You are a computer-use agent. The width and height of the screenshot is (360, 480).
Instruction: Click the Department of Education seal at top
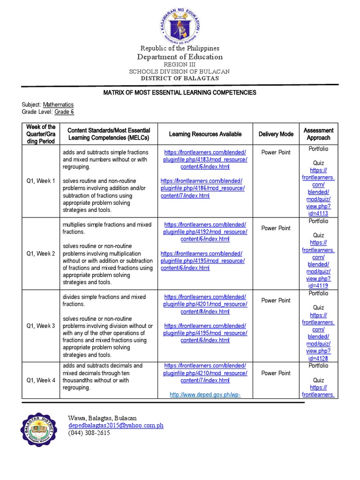point(180,23)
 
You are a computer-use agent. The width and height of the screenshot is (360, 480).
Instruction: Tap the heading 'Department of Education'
point(180,57)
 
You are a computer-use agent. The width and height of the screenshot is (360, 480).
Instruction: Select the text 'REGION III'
point(180,65)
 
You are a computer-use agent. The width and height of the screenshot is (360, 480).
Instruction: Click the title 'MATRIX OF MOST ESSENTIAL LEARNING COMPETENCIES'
point(180,92)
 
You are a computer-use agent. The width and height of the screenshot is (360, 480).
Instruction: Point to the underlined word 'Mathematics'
point(58,105)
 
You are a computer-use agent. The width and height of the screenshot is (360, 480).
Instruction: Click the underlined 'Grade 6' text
point(64,112)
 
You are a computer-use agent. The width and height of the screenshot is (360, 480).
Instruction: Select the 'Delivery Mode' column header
point(276,134)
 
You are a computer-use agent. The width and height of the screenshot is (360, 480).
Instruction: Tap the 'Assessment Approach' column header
point(318,134)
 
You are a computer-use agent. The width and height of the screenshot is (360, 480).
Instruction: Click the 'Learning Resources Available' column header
point(205,134)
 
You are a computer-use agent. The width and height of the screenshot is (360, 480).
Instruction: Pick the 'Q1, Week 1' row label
point(41,181)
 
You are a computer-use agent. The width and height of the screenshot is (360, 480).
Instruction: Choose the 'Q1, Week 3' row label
point(41,326)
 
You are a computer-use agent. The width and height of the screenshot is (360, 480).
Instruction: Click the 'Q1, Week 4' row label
point(41,380)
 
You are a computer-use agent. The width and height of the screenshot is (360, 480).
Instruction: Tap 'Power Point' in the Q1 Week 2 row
point(276,228)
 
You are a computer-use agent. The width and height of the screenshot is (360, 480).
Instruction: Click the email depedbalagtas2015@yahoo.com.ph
point(116,425)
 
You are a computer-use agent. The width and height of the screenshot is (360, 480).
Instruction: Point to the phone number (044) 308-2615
point(89,433)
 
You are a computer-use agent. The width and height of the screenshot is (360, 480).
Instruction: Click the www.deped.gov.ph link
point(205,395)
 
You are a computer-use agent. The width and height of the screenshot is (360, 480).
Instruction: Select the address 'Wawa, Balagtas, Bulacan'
point(102,418)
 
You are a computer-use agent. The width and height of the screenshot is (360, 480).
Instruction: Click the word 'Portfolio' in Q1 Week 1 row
point(318,149)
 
